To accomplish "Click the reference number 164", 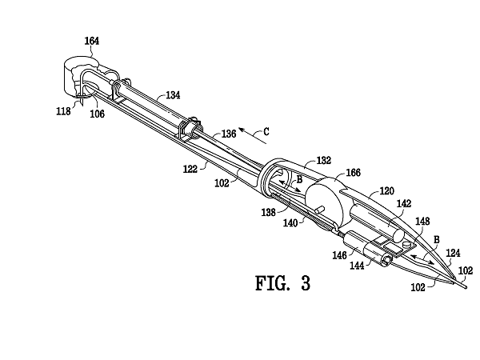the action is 92,41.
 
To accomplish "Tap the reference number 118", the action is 63,111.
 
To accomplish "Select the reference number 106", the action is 97,114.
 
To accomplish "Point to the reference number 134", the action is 173,95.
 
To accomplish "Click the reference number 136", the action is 229,134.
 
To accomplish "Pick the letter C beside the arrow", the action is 266,132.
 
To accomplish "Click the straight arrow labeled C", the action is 253,136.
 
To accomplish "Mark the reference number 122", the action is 190,169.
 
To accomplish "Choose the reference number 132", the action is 324,161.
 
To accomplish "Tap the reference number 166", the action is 354,173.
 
